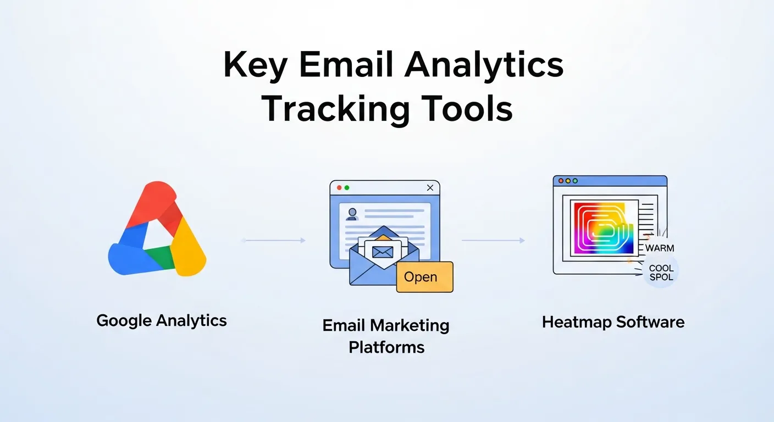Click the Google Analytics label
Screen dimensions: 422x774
162,320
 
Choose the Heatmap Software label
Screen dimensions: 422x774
613,321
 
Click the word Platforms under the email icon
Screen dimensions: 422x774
386,347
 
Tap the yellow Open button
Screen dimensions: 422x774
424,277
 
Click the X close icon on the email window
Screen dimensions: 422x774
430,188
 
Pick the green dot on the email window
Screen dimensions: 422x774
347,188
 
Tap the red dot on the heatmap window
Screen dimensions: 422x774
560,181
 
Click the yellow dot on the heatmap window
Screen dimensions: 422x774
568,181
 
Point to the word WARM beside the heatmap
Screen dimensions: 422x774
660,248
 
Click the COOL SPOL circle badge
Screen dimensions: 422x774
661,272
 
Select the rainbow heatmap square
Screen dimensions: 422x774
602,229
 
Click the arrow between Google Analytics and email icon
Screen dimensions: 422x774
273,241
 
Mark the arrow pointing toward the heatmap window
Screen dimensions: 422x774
493,241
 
